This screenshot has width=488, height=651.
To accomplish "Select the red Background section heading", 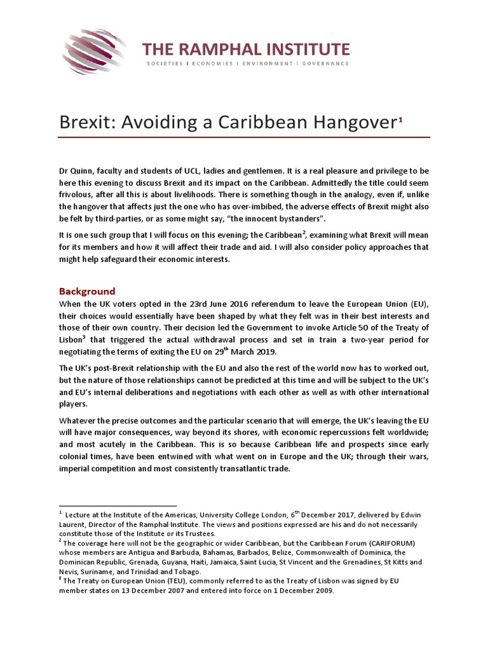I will click(x=87, y=291).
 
